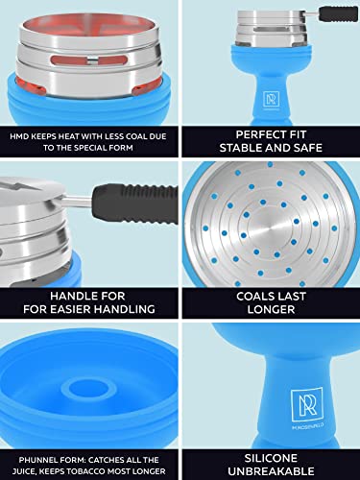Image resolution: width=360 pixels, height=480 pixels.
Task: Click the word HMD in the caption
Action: point(19,136)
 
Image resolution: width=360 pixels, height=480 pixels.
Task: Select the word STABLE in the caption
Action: point(238,148)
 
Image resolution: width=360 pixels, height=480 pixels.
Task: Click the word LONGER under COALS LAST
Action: point(271,309)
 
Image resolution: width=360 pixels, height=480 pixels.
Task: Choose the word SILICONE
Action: point(271,458)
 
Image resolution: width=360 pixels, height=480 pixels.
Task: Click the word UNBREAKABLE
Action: point(271,471)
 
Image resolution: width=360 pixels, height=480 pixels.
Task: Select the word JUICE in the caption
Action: point(23,471)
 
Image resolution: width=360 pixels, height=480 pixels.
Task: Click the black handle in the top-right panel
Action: point(338,14)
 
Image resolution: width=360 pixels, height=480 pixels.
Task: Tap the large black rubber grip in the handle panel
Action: point(134,204)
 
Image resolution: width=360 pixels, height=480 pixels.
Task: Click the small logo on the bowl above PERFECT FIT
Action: point(272,100)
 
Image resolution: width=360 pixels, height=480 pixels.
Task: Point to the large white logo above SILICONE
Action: point(306,405)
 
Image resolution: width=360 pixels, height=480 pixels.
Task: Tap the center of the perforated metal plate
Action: point(271,226)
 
